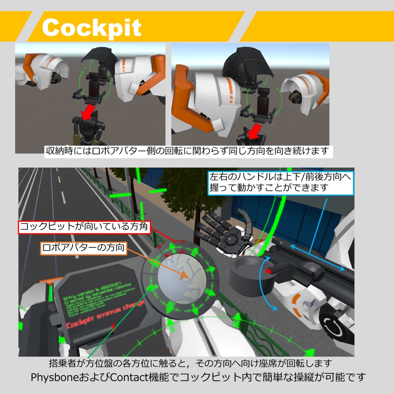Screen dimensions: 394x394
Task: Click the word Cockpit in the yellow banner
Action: coord(92,27)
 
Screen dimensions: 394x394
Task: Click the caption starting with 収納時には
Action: coord(188,151)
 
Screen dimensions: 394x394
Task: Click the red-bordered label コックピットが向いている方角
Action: coord(84,227)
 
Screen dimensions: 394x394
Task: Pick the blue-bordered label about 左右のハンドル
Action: coord(280,182)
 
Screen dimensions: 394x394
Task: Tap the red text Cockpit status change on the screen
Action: coord(104,316)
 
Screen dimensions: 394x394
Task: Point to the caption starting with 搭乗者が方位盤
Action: coord(190,363)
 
